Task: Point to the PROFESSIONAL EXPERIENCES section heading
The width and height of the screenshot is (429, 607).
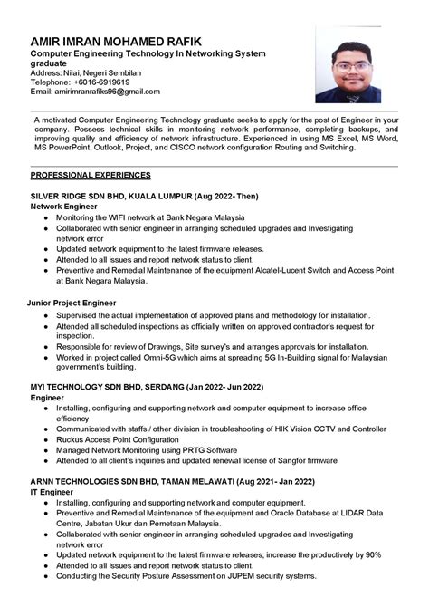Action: pyautogui.click(x=91, y=174)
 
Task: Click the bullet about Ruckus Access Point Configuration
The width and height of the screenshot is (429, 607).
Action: pyautogui.click(x=130, y=439)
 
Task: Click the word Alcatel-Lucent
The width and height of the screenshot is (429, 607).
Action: pyautogui.click(x=288, y=270)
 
